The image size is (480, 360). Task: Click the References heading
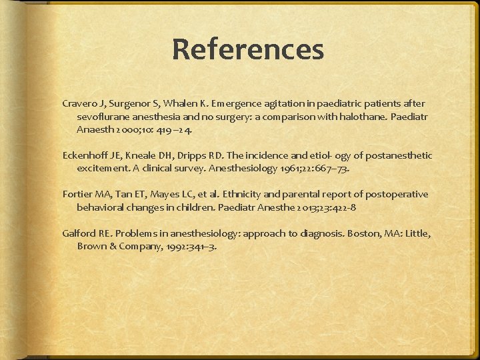point(247,49)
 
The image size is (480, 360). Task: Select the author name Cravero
point(79,103)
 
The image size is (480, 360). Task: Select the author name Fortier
point(77,194)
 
